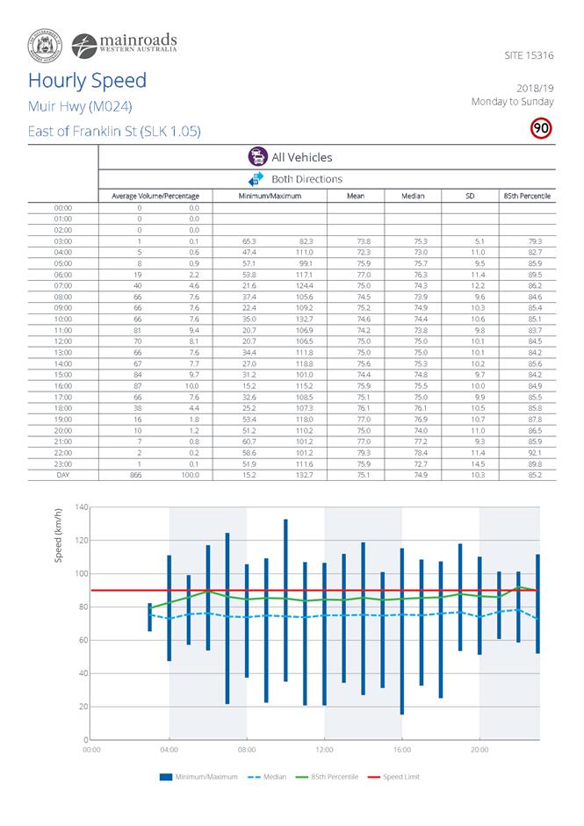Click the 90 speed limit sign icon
[x=541, y=128]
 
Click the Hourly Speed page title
[x=87, y=81]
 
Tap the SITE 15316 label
[x=530, y=55]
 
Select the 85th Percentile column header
[x=527, y=196]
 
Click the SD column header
[x=470, y=196]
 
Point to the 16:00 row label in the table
[x=62, y=360]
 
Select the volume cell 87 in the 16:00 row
[x=139, y=360]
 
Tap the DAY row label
[x=62, y=474]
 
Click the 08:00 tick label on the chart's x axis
[x=247, y=751]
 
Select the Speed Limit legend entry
[x=400, y=777]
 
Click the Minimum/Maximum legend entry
[x=198, y=777]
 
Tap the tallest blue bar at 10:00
[x=285, y=600]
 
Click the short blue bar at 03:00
[x=149, y=617]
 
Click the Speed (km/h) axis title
[x=59, y=538]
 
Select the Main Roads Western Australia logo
[x=123, y=43]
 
